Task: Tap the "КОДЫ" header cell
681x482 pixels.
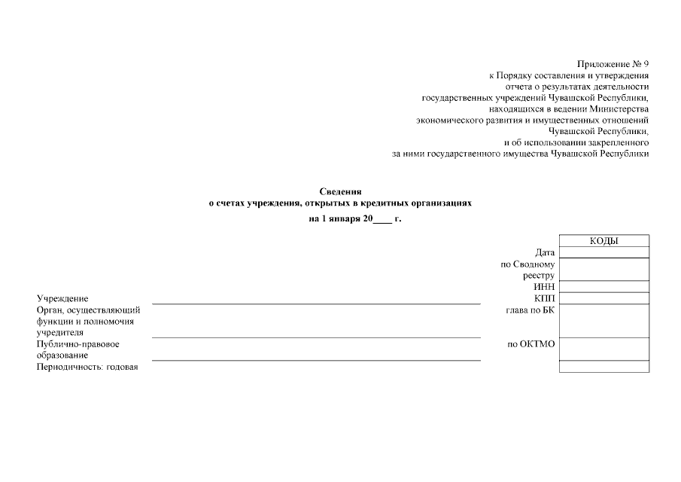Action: [x=604, y=241]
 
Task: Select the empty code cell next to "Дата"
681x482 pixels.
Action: [x=604, y=252]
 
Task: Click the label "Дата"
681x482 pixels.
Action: [x=545, y=253]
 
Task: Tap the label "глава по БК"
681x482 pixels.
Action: [x=531, y=310]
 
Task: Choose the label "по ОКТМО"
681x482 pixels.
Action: [x=531, y=344]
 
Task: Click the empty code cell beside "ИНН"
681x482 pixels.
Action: [x=604, y=286]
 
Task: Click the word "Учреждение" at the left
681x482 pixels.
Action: [x=62, y=299]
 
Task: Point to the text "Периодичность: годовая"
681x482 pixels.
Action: [x=87, y=367]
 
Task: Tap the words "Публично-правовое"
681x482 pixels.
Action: [x=78, y=344]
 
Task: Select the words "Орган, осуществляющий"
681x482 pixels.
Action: [x=84, y=310]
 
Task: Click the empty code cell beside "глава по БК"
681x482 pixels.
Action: [x=604, y=320]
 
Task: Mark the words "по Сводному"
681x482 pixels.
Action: [x=527, y=264]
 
